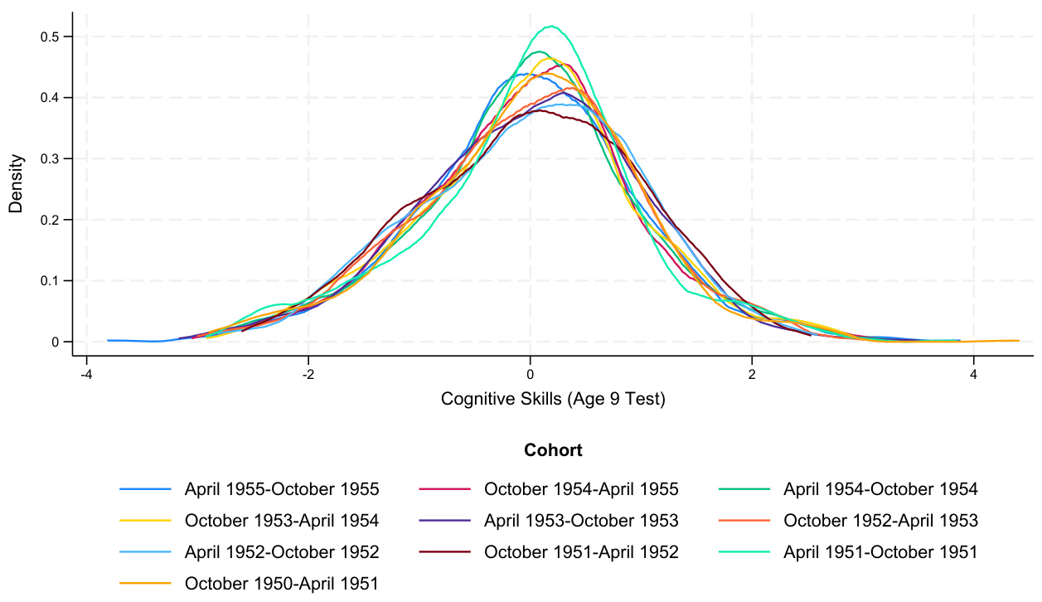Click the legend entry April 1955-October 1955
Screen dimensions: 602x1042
coord(282,489)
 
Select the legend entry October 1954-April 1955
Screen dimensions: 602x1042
coord(581,489)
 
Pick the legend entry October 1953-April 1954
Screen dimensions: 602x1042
coord(282,521)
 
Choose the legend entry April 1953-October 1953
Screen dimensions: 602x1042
coord(581,521)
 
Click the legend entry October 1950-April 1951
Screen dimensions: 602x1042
coord(282,583)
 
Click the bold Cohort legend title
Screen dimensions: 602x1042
coord(553,451)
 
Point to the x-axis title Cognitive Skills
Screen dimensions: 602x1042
coord(553,400)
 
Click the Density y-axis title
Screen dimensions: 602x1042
coord(16,184)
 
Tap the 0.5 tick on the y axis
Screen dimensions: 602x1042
coord(55,36)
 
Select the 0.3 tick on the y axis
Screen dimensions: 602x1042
coord(55,158)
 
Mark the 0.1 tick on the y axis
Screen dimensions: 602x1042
coord(55,280)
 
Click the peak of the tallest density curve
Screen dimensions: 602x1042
coord(550,26)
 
